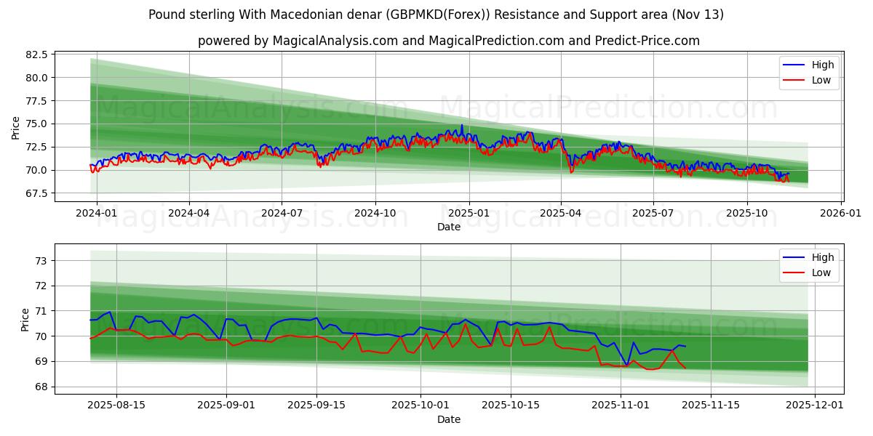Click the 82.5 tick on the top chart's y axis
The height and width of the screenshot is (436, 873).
[x=36, y=54]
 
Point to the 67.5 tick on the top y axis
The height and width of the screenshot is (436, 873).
[x=36, y=193]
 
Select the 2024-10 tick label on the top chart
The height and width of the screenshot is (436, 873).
[x=375, y=214]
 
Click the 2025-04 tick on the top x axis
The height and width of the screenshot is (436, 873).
[x=561, y=214]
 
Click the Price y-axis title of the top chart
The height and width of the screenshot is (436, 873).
[x=16, y=126]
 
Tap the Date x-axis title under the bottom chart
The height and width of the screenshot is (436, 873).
[x=449, y=419]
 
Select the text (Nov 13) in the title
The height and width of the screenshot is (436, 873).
[x=700, y=15]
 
